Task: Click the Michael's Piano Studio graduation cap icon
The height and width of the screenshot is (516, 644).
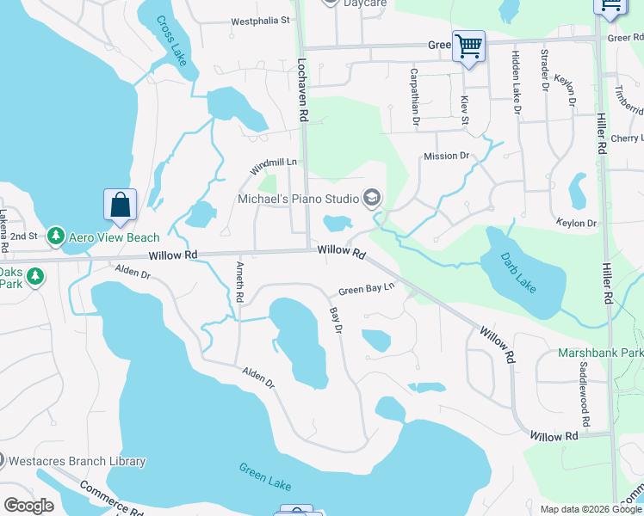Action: (x=372, y=199)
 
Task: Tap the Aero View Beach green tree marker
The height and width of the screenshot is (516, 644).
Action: (x=56, y=236)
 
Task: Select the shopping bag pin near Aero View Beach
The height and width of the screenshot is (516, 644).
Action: (x=120, y=206)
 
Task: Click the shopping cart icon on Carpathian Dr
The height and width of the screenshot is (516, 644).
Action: (x=468, y=46)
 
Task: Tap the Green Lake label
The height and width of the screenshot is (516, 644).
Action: (x=264, y=475)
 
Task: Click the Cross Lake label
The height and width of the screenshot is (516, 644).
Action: (x=172, y=40)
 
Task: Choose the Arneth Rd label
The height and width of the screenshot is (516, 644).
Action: (x=239, y=283)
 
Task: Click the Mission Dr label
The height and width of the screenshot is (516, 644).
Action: (x=446, y=157)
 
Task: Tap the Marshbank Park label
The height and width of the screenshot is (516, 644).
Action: (x=599, y=353)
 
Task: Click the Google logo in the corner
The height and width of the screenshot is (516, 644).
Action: (x=29, y=506)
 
